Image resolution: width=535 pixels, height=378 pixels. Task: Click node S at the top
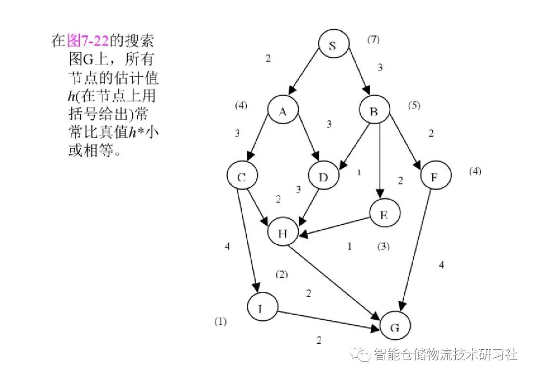pyautogui.click(x=333, y=46)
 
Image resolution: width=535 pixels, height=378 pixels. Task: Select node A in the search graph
pyautogui.click(x=282, y=112)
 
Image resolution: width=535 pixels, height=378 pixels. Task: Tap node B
pyautogui.click(x=374, y=112)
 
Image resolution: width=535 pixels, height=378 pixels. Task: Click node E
pyautogui.click(x=384, y=216)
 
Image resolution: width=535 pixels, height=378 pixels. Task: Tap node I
pyautogui.click(x=263, y=308)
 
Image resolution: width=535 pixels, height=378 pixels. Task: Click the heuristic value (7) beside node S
pyautogui.click(x=373, y=40)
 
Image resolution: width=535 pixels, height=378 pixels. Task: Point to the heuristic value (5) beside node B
pyautogui.click(x=414, y=106)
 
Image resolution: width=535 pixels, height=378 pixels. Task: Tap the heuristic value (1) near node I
pyautogui.click(x=220, y=321)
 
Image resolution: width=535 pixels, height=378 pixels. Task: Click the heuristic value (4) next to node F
pyautogui.click(x=475, y=171)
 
